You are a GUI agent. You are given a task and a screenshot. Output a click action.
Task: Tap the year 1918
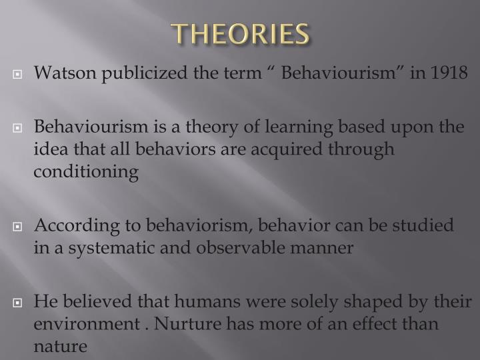click(449, 72)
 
